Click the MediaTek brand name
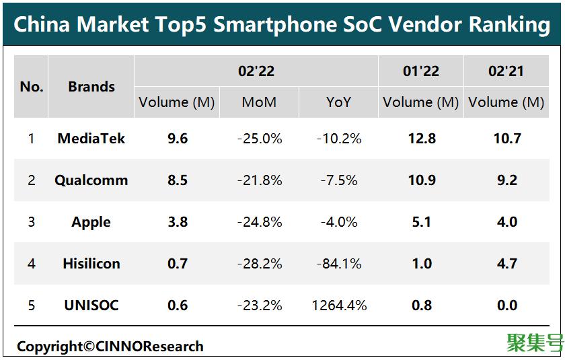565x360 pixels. point(91,139)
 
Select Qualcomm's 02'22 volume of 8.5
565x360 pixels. point(178,180)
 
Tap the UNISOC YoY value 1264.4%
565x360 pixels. point(339,305)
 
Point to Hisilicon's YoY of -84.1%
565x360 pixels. point(339,264)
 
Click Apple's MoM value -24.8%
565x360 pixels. point(259,222)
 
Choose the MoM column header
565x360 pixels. point(259,102)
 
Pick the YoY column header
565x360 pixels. point(339,102)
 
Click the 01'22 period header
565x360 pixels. point(420,71)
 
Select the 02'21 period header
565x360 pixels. point(506,71)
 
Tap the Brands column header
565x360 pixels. point(91,87)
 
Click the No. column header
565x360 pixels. point(32,87)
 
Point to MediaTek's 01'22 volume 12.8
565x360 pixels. point(421,139)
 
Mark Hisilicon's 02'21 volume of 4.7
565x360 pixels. point(506,264)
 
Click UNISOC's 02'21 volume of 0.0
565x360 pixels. point(506,305)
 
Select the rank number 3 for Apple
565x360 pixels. point(31,222)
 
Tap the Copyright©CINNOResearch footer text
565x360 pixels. point(110,347)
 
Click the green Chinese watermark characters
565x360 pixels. point(534,343)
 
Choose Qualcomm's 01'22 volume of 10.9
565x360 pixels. point(421,180)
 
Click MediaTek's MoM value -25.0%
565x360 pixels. point(259,139)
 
